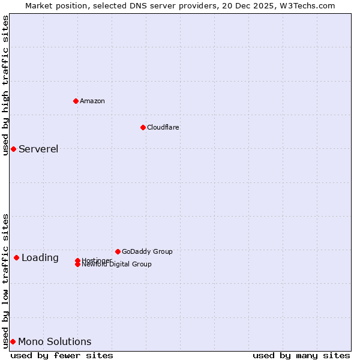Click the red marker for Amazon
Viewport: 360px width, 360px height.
[x=76, y=101]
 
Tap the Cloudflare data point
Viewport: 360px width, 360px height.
[x=143, y=127]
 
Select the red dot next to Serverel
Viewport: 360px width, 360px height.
[x=13, y=149]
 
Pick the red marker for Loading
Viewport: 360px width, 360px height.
[x=16, y=257]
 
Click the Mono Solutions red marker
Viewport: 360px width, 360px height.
[x=13, y=341]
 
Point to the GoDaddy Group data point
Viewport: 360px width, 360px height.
[x=118, y=251]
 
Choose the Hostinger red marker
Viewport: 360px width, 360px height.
[x=77, y=260]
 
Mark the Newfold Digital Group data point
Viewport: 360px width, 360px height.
[x=77, y=265]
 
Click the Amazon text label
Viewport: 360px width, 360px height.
[x=92, y=101]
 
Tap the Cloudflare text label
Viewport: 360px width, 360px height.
[x=163, y=127]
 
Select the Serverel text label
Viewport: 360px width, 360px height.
[x=38, y=149]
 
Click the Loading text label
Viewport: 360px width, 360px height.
[x=40, y=257]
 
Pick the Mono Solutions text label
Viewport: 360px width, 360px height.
[x=55, y=341]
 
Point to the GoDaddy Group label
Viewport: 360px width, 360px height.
[x=147, y=251]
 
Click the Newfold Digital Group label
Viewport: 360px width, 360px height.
[x=116, y=265]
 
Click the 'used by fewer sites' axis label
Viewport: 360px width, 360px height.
[x=62, y=355]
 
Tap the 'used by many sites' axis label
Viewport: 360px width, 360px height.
[x=301, y=355]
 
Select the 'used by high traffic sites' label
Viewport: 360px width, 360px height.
[x=5, y=85]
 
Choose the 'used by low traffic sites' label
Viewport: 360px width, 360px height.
[x=5, y=281]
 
